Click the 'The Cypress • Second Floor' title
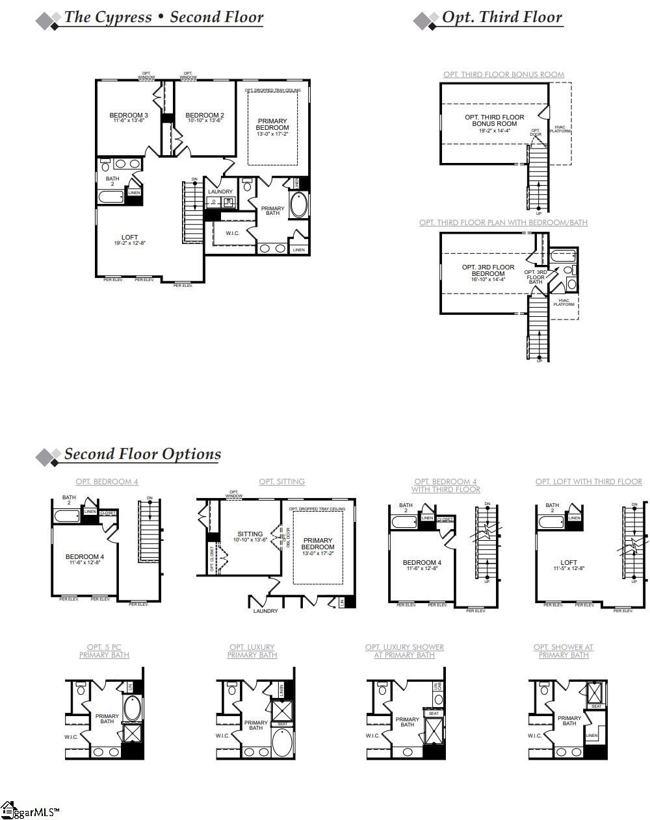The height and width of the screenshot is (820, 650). (163, 18)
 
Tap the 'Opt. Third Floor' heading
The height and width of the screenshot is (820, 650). (501, 18)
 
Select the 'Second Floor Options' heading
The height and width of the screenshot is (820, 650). (142, 454)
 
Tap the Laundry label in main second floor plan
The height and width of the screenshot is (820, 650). (220, 192)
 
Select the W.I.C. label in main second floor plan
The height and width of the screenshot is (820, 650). (232, 233)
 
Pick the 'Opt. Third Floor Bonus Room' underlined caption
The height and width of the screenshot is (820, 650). (503, 75)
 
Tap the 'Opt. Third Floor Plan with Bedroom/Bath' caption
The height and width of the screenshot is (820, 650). (503, 223)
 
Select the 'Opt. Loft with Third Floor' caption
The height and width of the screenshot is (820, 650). (588, 482)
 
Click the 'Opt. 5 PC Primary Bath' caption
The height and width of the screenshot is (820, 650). (104, 651)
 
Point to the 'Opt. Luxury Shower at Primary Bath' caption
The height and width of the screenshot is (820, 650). (404, 651)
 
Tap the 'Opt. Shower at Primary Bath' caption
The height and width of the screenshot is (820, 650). (563, 651)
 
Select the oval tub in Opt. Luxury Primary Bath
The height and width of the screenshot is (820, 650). (281, 742)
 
